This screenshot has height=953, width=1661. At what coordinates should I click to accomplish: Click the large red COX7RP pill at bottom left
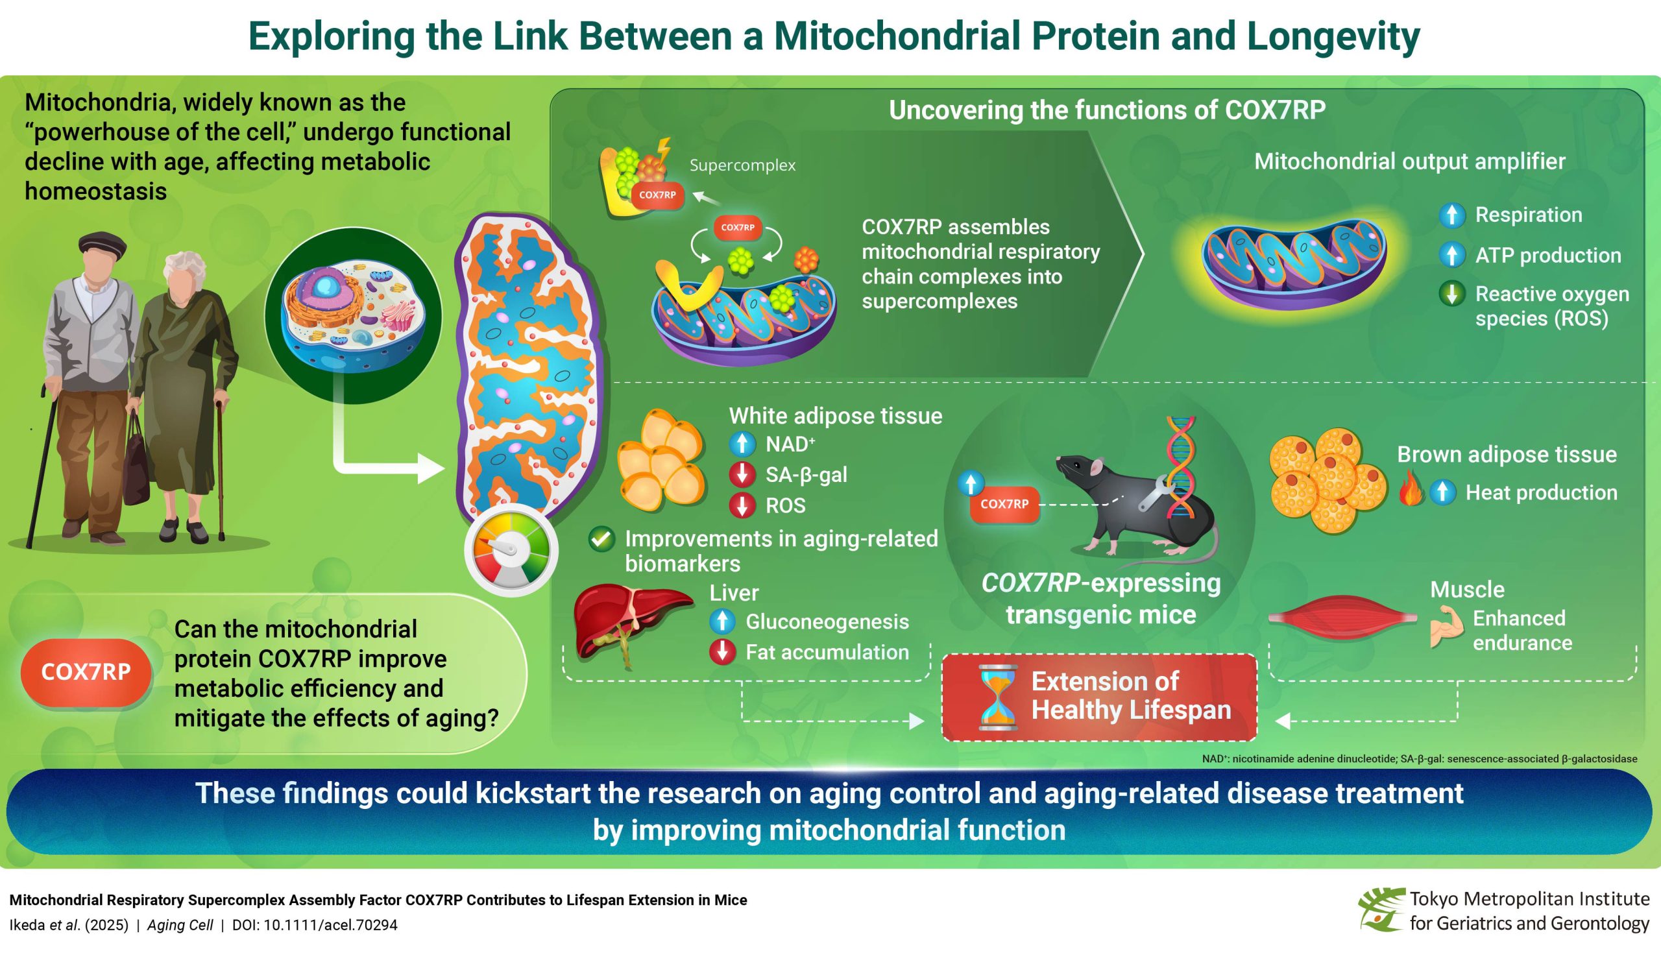[86, 672]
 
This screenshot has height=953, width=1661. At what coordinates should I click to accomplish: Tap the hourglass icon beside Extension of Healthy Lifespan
[998, 697]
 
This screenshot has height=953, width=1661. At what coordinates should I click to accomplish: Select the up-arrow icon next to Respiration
[1451, 215]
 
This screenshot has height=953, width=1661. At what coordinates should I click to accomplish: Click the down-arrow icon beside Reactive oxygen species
[1451, 294]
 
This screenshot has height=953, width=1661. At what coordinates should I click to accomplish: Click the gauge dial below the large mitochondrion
[511, 550]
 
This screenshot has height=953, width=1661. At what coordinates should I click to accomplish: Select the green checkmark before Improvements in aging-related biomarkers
[601, 539]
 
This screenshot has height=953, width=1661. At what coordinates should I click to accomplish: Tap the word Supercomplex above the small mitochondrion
[742, 165]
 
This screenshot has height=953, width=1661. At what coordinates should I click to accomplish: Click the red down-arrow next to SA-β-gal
[742, 474]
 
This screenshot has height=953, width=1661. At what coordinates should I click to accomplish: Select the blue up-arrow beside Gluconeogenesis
[723, 621]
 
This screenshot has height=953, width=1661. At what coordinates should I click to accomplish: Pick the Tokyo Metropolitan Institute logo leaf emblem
[1381, 909]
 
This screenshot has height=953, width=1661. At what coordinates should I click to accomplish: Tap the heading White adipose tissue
[835, 416]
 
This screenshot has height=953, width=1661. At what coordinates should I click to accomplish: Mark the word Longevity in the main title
[1333, 36]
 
